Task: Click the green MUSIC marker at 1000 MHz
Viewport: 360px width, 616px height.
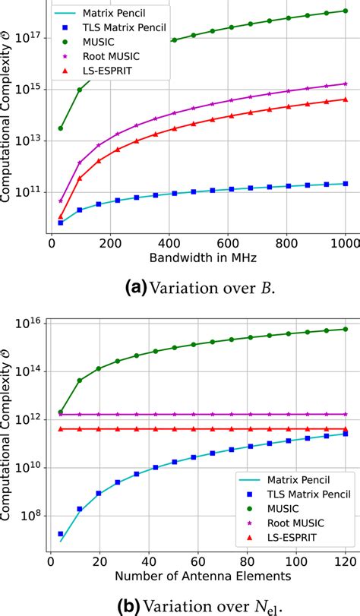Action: point(346,11)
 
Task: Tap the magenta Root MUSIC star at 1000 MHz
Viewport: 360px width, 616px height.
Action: point(346,84)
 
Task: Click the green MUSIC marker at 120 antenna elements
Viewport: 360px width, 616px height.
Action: point(346,329)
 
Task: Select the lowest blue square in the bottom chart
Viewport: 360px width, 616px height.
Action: point(61,535)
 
